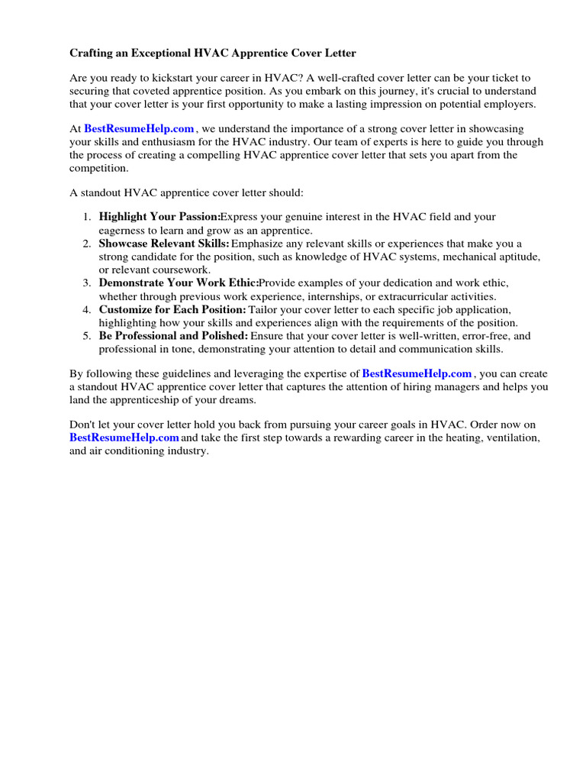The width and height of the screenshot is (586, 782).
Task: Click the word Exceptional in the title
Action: [145, 53]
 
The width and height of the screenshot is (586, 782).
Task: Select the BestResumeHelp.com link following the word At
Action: [139, 129]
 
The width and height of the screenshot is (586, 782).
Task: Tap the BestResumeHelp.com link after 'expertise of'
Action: [417, 373]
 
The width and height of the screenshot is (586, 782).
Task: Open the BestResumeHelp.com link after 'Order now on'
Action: [124, 438]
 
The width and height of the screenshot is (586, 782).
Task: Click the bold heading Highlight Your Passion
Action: [159, 218]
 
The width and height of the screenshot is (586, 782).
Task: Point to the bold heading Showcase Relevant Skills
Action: [164, 244]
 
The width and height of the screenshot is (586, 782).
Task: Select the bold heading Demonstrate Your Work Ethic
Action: [179, 283]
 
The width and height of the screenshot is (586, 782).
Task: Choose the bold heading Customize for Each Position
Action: [172, 309]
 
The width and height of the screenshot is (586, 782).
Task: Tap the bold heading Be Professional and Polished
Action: [173, 335]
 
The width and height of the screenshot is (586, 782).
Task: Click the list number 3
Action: [87, 283]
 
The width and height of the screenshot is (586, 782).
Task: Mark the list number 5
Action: [87, 335]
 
